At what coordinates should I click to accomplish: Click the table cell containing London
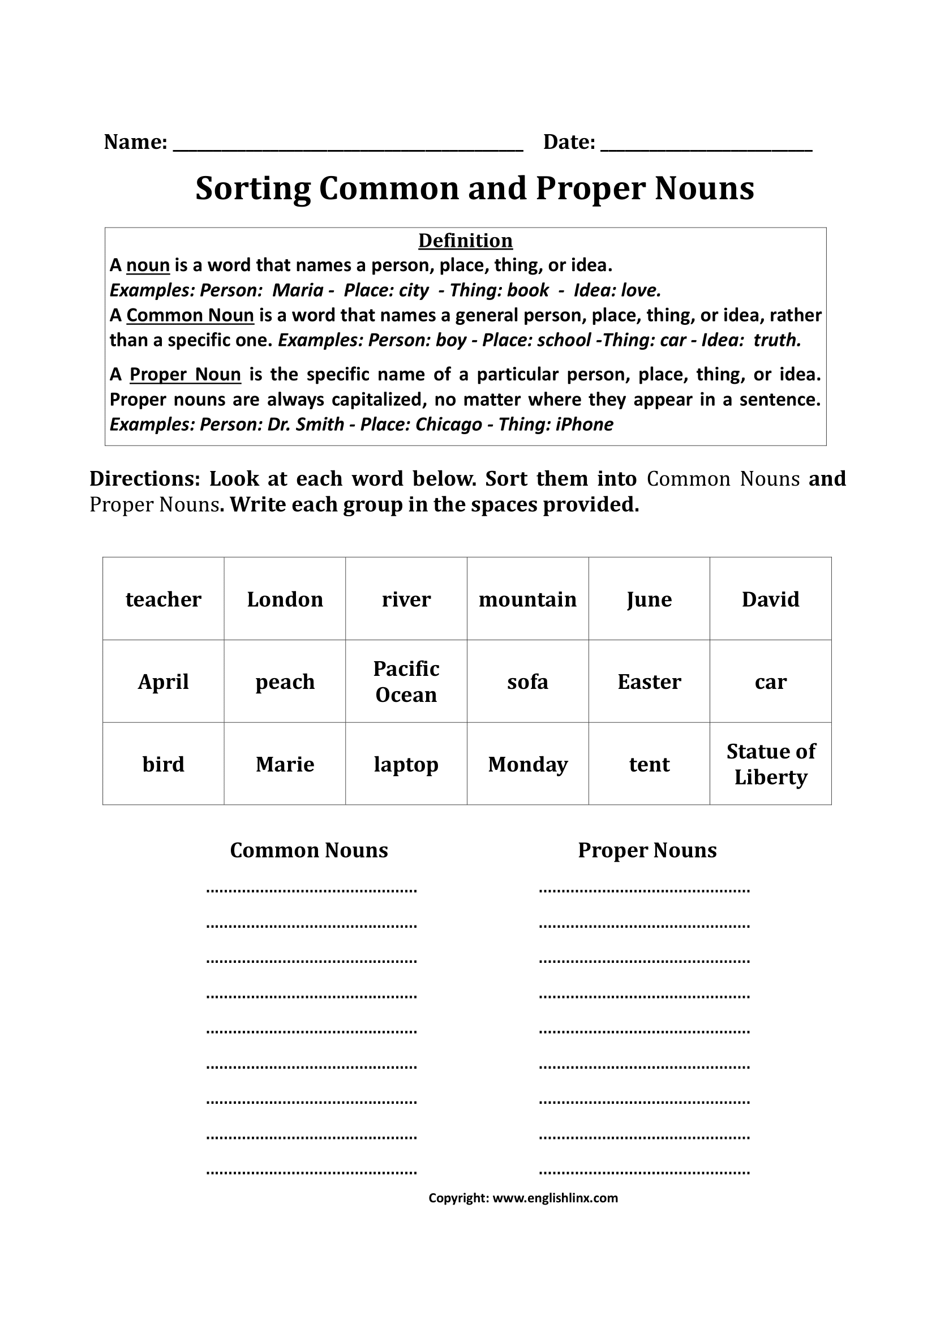285,599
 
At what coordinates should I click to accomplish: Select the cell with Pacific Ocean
406,682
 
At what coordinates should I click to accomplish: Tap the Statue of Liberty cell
771,764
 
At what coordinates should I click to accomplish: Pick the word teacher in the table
163,599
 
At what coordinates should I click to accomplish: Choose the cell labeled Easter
649,682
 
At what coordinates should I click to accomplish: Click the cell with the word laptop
406,764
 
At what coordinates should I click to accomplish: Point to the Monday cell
527,764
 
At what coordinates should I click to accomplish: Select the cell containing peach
285,682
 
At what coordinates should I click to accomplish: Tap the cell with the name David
771,599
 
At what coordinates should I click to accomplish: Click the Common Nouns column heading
309,850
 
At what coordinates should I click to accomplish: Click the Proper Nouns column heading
647,850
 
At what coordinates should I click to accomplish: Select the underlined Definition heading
465,241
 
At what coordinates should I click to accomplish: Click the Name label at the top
135,142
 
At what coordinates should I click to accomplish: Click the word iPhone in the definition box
585,425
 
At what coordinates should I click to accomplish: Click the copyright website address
555,1198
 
